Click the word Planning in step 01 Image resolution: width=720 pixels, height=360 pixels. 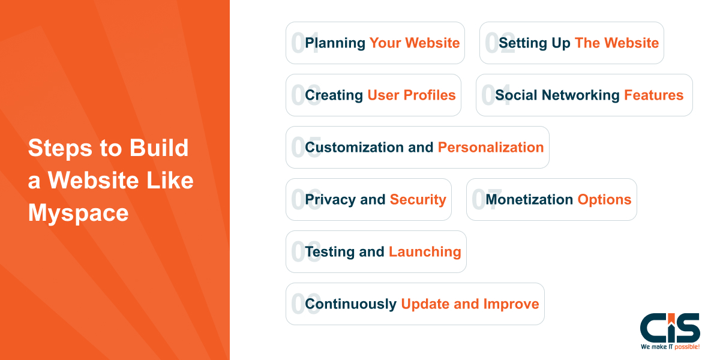335,43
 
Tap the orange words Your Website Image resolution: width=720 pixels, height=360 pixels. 415,43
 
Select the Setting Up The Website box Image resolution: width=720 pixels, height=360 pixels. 571,43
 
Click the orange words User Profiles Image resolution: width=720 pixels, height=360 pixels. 412,95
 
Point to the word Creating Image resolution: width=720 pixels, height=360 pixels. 334,95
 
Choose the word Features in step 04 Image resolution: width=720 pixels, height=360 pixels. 653,95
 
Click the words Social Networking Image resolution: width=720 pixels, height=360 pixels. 557,95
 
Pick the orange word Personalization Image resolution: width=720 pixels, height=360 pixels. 491,148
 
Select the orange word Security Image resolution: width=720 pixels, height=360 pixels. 418,200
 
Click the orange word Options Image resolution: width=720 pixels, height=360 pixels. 604,200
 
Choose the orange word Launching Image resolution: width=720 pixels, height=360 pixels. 425,252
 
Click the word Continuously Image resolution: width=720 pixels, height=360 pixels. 350,304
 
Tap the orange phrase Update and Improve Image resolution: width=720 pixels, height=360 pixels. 470,304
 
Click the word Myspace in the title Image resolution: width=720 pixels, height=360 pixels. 78,213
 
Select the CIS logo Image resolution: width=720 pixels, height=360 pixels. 670,328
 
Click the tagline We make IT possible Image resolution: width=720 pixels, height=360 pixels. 670,347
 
